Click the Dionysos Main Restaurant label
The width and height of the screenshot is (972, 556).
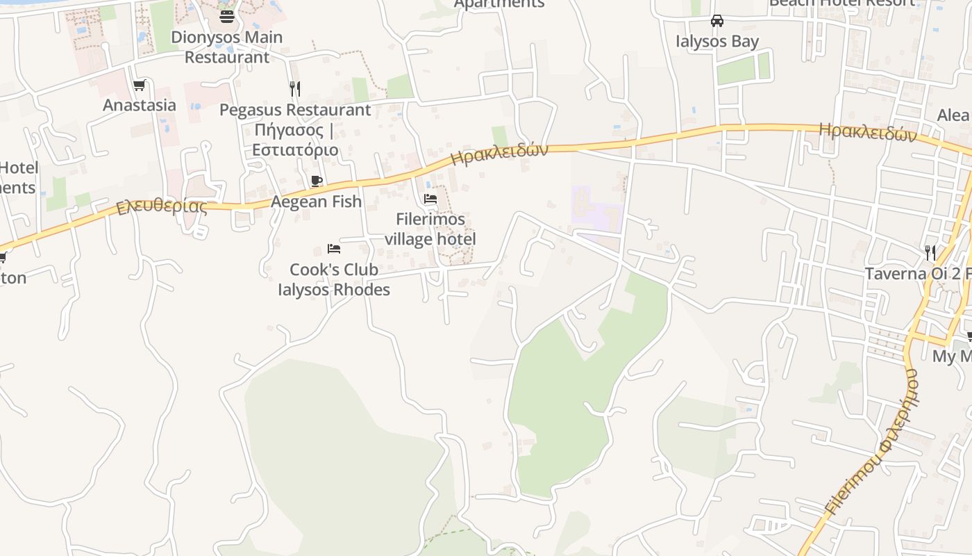coord(226,47)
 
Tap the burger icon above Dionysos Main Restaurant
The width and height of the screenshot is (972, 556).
coord(226,15)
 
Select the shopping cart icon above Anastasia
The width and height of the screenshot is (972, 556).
coord(140,85)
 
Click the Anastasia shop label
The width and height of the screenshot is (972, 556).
coord(140,105)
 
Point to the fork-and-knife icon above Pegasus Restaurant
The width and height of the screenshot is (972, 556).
coord(295,89)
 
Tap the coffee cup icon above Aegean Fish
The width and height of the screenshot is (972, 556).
coord(317,181)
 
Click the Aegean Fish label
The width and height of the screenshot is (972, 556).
coord(317,202)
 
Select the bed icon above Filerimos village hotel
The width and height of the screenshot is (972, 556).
coord(430,199)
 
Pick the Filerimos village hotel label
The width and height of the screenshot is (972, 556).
coord(430,229)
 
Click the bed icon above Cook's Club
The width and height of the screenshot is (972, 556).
coord(334,249)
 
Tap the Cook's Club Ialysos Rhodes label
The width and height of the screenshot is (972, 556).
coord(334,279)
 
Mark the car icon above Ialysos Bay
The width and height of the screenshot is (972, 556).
coord(717,21)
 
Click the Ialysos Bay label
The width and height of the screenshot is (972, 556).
coord(717,41)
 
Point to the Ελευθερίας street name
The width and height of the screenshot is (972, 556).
coord(162,207)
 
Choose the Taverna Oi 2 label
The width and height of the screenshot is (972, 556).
coord(916,273)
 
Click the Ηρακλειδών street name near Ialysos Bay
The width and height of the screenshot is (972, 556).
coord(868,132)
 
